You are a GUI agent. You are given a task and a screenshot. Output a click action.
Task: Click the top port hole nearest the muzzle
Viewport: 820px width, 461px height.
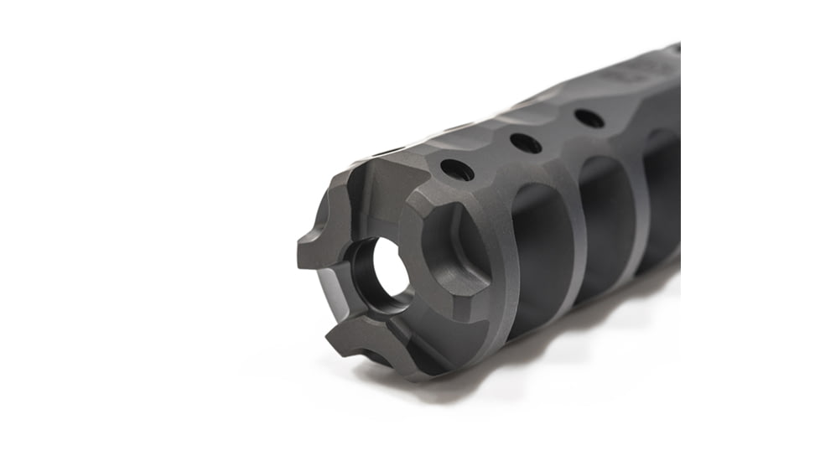point(457,170)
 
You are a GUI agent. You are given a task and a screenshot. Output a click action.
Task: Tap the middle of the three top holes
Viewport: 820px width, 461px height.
point(526,143)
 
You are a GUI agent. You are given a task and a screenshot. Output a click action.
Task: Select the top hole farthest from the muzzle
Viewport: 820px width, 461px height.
point(589,119)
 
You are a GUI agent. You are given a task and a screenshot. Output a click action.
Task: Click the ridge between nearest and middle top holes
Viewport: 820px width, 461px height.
point(493,159)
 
